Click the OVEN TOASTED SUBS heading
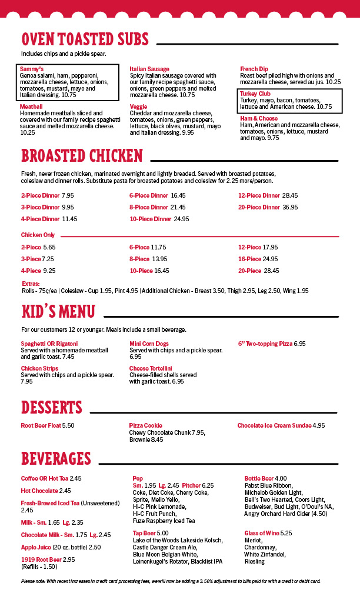(x=85, y=39)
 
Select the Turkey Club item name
(x=255, y=94)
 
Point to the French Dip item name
(x=254, y=69)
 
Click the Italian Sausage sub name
(x=149, y=69)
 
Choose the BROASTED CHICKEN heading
(x=82, y=155)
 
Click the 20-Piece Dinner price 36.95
(x=290, y=207)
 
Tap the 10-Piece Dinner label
(x=150, y=219)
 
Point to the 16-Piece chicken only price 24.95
(x=271, y=259)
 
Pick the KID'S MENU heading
(x=58, y=311)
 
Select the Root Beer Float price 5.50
(x=68, y=425)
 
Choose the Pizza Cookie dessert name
(x=145, y=425)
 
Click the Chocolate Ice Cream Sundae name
(x=274, y=425)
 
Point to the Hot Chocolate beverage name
(x=39, y=491)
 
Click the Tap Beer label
(x=145, y=533)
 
